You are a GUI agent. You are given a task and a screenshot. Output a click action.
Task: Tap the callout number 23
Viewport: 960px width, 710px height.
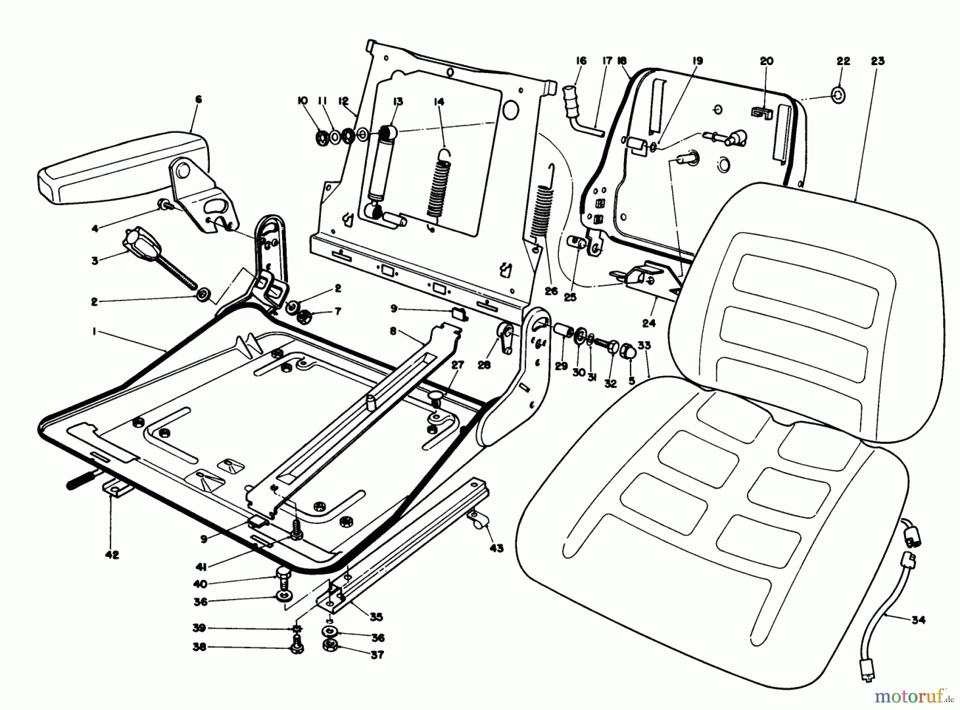(x=877, y=61)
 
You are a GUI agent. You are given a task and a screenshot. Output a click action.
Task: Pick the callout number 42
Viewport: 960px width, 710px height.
(x=112, y=555)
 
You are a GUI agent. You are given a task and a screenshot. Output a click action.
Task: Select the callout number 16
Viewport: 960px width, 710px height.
(x=581, y=61)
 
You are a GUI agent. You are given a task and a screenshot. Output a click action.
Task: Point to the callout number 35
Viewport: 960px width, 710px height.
(x=377, y=617)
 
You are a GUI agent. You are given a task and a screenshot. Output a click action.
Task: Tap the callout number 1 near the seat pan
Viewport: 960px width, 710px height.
(x=94, y=331)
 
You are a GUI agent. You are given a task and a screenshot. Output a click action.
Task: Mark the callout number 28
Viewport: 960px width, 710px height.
(x=484, y=365)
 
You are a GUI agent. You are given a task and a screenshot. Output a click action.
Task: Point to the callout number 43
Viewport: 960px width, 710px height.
(x=496, y=548)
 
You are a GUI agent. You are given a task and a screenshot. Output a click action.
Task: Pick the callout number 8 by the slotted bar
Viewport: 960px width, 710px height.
(x=393, y=331)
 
